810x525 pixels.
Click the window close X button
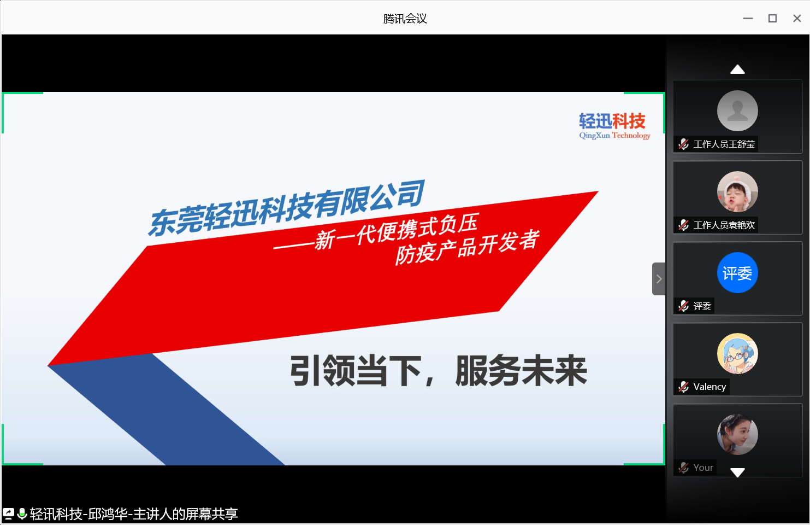(x=797, y=19)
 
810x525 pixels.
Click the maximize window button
(x=772, y=19)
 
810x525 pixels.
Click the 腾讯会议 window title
(x=405, y=19)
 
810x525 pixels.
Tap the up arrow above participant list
(x=737, y=69)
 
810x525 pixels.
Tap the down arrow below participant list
(x=737, y=472)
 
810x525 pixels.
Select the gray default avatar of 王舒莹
(x=737, y=111)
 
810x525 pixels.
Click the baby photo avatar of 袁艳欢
(x=737, y=191)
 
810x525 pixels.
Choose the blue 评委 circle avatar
(x=737, y=273)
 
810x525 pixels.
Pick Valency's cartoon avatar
(x=737, y=353)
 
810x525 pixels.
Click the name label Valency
(x=710, y=387)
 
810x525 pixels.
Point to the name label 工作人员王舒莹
(x=724, y=144)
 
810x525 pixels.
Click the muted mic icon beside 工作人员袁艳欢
(x=683, y=225)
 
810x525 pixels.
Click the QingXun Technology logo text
(x=614, y=136)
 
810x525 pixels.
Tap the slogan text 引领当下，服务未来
(x=438, y=371)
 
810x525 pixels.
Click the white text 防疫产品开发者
(x=467, y=247)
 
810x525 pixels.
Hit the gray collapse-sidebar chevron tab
(x=659, y=279)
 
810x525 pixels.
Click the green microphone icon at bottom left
(x=22, y=514)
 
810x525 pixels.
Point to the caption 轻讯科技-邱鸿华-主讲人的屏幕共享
(x=134, y=514)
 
